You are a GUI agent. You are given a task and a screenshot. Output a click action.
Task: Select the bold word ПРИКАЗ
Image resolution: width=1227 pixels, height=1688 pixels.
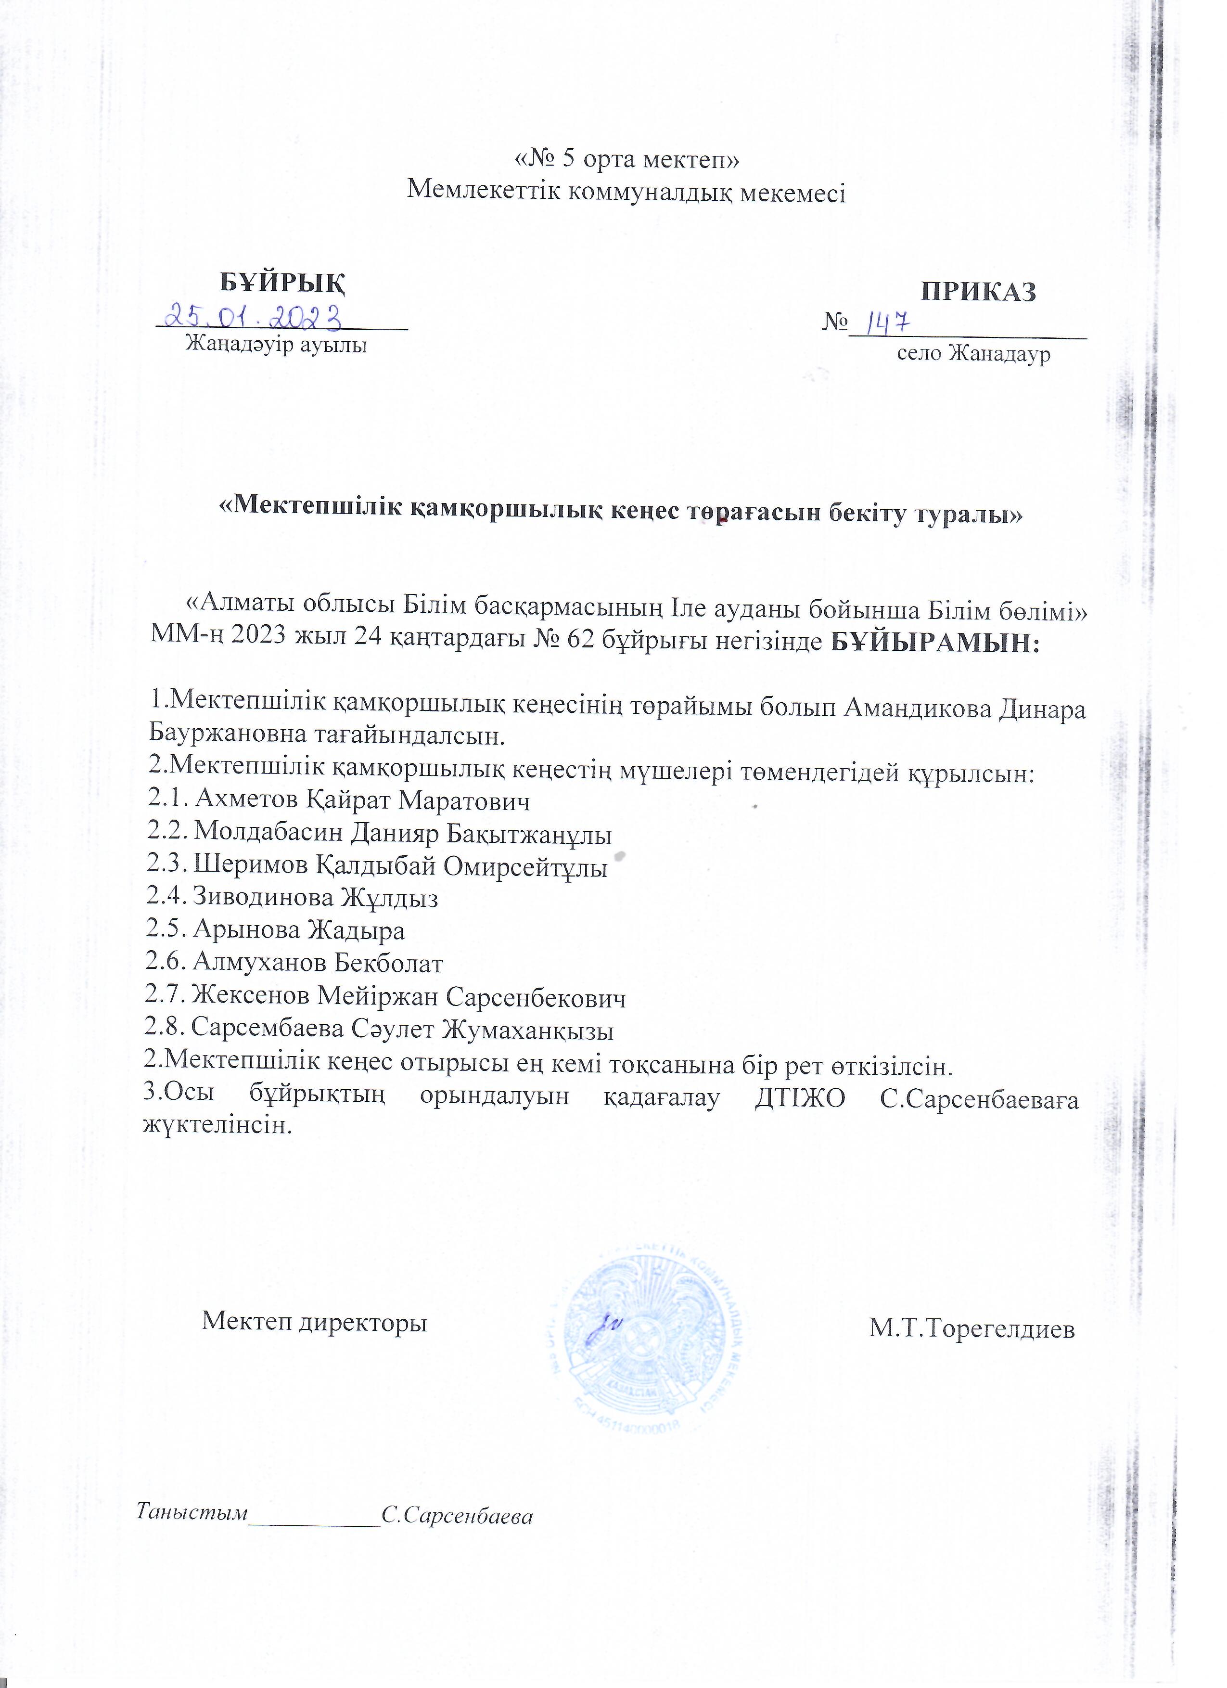(x=979, y=291)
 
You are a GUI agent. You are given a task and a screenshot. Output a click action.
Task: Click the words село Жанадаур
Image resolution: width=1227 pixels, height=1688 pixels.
(x=973, y=354)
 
